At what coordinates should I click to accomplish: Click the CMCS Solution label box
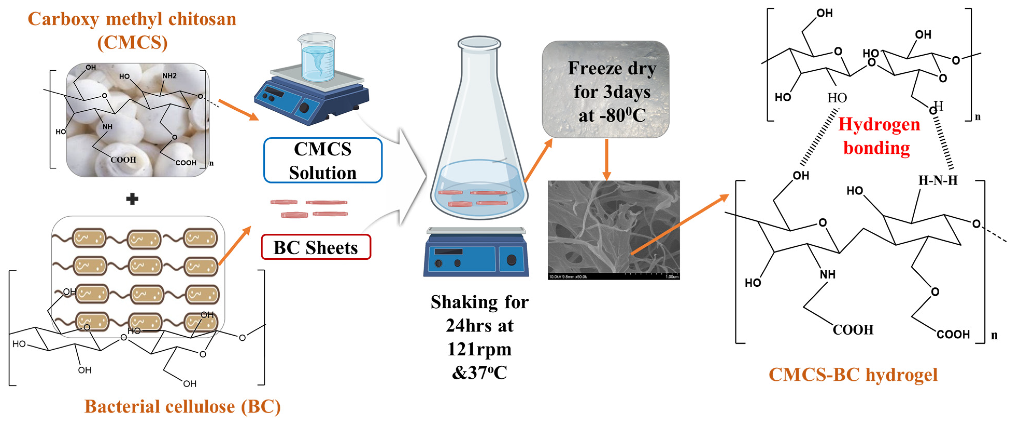click(323, 160)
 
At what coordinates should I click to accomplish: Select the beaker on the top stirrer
click(317, 58)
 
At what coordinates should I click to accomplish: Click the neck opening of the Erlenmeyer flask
click(479, 42)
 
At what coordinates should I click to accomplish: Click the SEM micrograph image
click(613, 230)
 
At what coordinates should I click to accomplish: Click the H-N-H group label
click(937, 180)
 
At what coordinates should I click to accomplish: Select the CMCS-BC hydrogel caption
click(852, 374)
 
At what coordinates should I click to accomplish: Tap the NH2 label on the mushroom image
click(169, 75)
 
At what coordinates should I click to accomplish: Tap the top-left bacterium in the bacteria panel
click(89, 238)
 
